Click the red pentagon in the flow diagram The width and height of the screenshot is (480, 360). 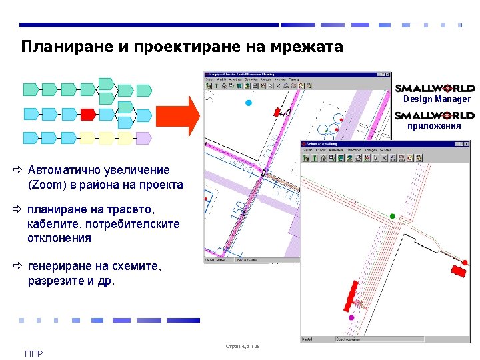(87, 114)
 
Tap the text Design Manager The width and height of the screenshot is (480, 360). (437, 99)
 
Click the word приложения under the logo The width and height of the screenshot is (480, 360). (434, 125)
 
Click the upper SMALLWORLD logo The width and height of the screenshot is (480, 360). (435, 88)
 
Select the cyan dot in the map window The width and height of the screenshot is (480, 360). (249, 103)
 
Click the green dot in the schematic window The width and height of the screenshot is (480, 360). (393, 216)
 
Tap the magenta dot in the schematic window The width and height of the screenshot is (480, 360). (352, 317)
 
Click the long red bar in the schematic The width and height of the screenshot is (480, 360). (349, 295)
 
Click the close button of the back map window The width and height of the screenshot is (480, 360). (387, 74)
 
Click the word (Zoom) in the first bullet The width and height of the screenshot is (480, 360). (46, 185)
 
